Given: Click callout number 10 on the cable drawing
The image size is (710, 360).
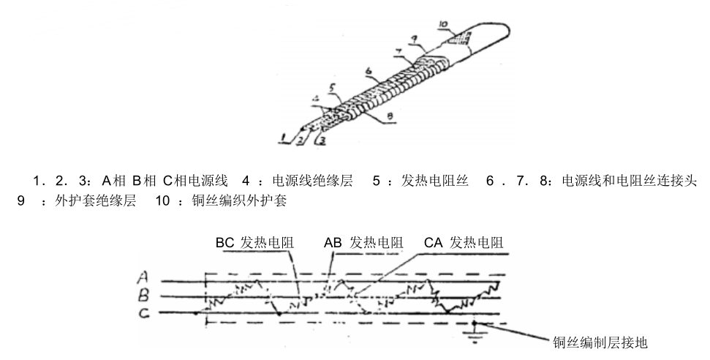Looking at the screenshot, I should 445,24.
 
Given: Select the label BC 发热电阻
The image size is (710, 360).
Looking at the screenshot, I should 253,242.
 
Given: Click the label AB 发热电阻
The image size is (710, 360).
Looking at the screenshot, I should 363,242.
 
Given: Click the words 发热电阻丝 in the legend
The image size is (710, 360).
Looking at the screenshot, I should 431,181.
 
